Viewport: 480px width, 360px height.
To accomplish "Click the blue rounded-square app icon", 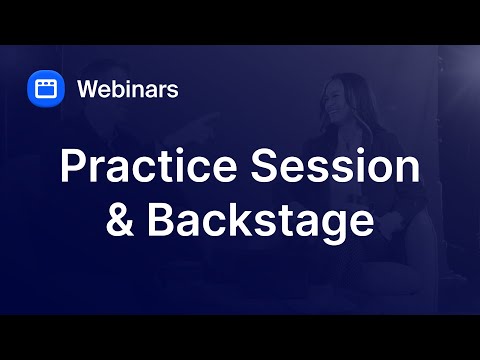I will click(x=45, y=88).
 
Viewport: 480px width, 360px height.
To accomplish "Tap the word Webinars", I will click(x=128, y=89).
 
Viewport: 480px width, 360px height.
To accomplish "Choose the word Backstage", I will click(x=262, y=221).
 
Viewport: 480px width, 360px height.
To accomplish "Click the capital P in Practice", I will click(x=72, y=167).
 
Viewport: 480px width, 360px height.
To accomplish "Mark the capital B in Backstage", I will click(x=160, y=221).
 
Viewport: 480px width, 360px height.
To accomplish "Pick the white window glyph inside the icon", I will click(x=45, y=88).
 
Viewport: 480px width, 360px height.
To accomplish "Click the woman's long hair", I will click(x=352, y=120).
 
